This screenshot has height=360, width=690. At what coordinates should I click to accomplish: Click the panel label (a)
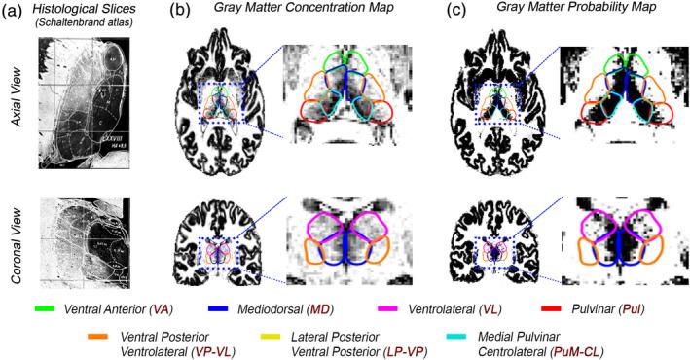click(16, 13)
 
